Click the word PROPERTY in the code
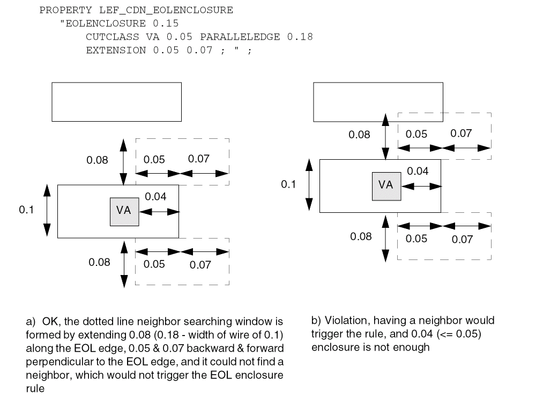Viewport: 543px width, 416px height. [59, 10]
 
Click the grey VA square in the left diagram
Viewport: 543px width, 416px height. [124, 211]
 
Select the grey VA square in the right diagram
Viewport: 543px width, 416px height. [386, 186]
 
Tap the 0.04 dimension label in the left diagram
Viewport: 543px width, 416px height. [155, 197]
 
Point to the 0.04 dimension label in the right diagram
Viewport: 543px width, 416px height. [418, 172]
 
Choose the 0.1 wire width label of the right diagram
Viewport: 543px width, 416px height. [288, 184]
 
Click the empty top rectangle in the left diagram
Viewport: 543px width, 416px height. [116, 101]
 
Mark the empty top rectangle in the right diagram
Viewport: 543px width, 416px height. [378, 101]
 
